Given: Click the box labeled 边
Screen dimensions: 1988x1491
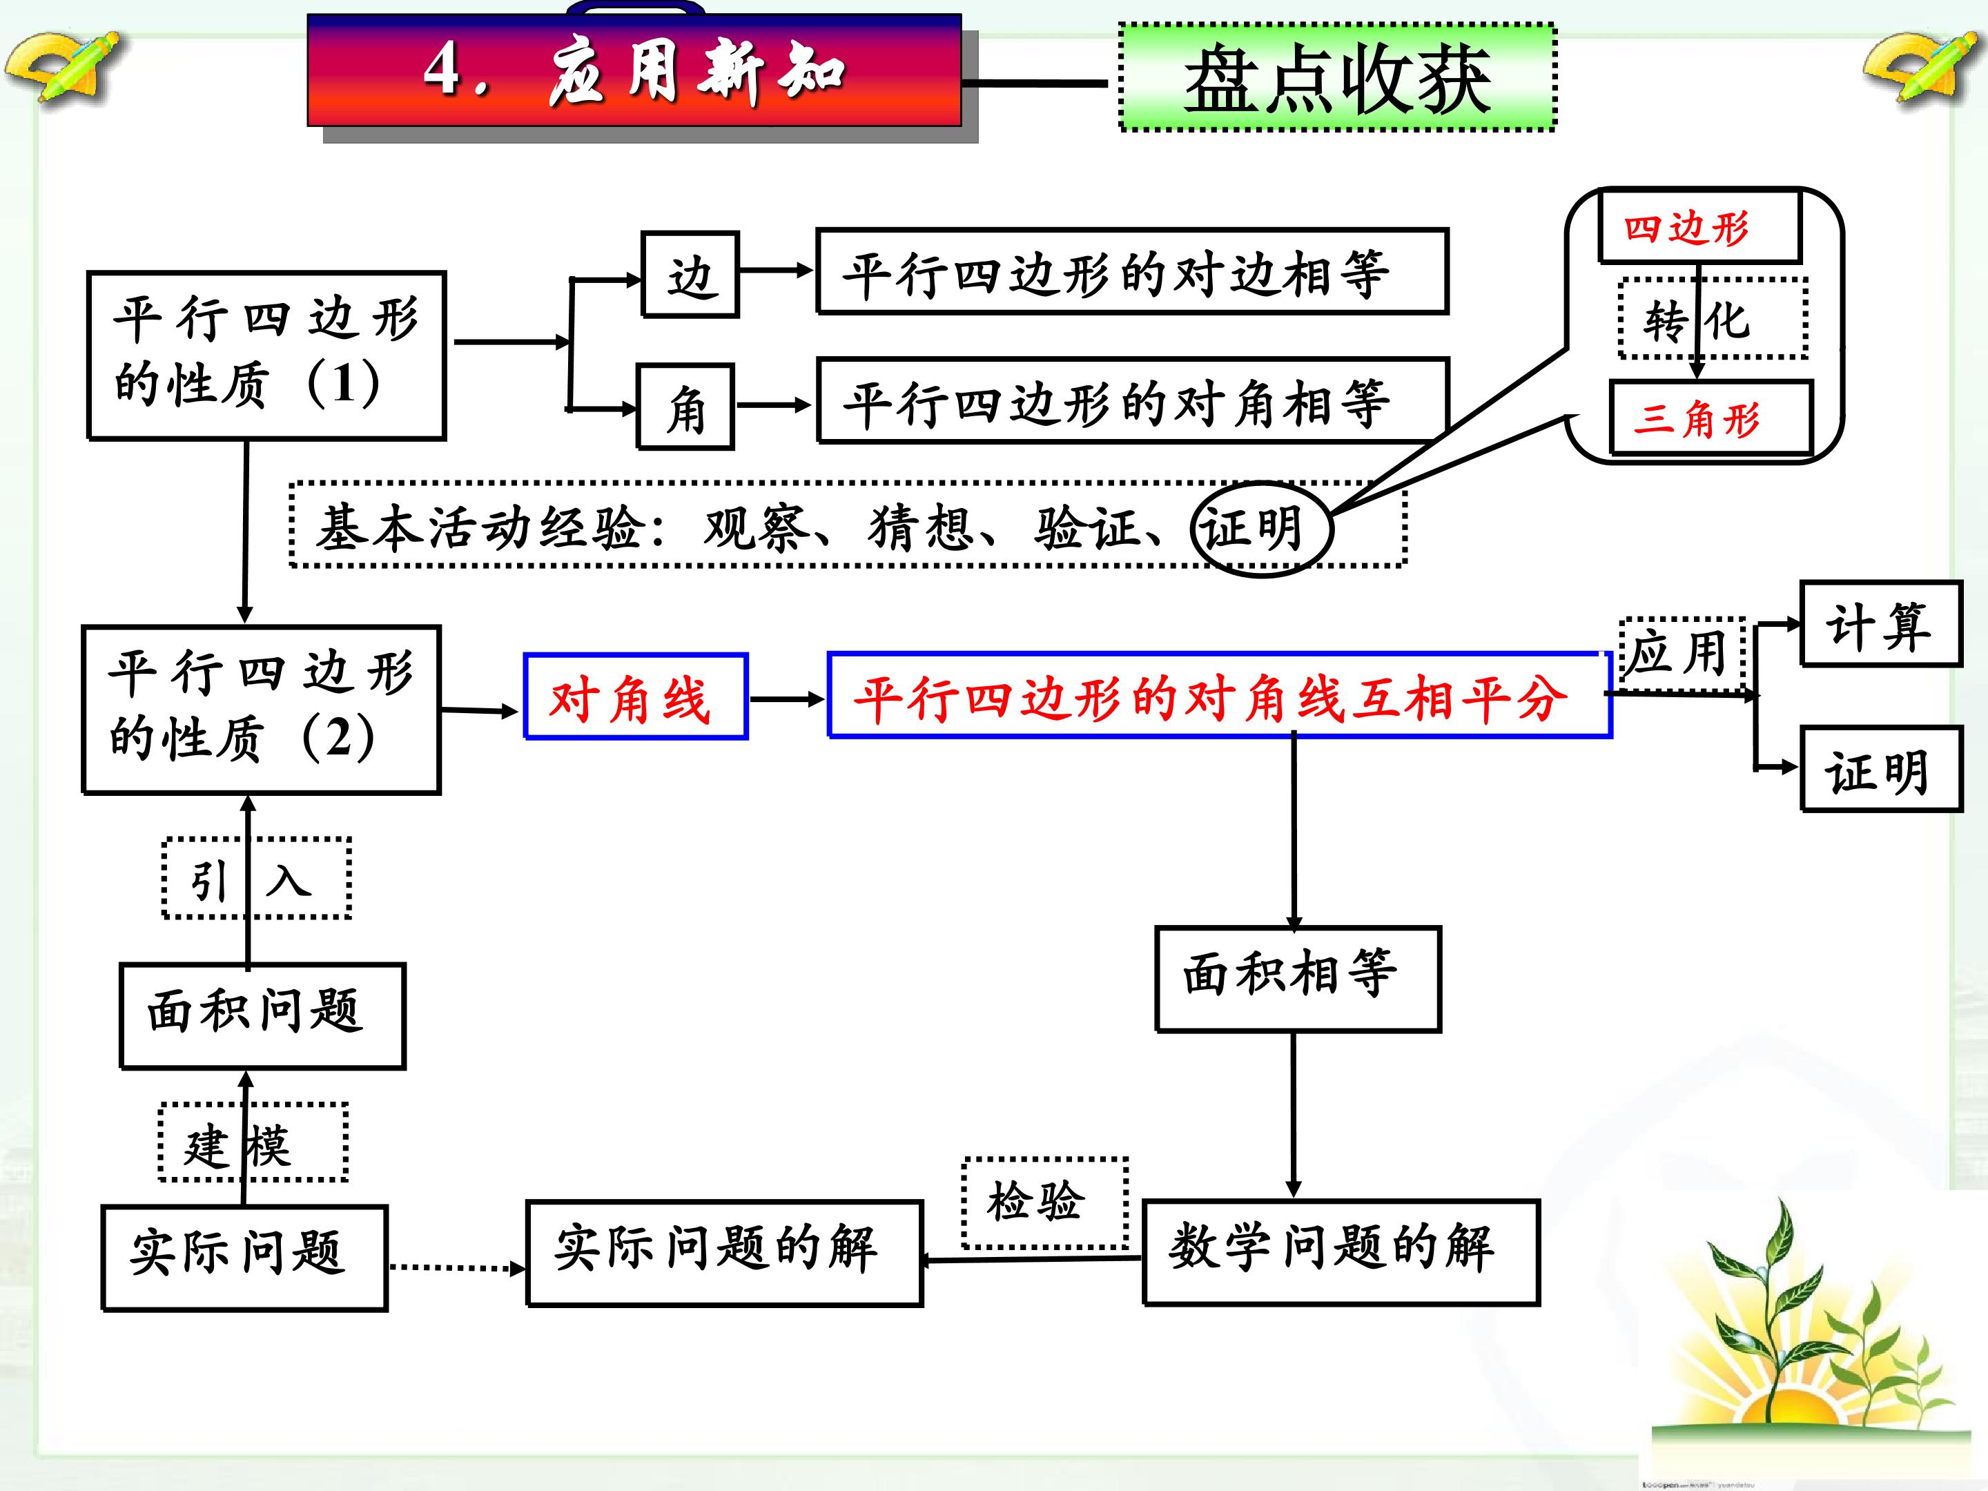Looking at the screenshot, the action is (x=690, y=274).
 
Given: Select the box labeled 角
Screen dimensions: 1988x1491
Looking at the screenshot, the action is (x=685, y=406).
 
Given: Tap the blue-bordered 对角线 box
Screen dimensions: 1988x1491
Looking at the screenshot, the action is (x=636, y=696).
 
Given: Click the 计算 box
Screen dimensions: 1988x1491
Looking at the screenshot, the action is (x=1881, y=624).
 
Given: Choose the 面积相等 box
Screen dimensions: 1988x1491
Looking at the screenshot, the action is (x=1298, y=979).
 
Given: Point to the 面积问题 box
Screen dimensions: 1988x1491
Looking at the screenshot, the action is (x=262, y=1015).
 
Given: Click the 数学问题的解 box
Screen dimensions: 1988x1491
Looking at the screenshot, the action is (x=1341, y=1252).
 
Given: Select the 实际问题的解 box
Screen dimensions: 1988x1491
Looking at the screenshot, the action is (x=724, y=1253).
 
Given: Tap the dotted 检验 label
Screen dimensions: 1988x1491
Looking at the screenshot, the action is (x=1045, y=1202).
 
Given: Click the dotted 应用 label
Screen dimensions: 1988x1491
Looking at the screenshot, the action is (x=1682, y=654).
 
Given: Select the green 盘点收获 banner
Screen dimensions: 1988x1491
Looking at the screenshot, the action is (x=1337, y=78).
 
